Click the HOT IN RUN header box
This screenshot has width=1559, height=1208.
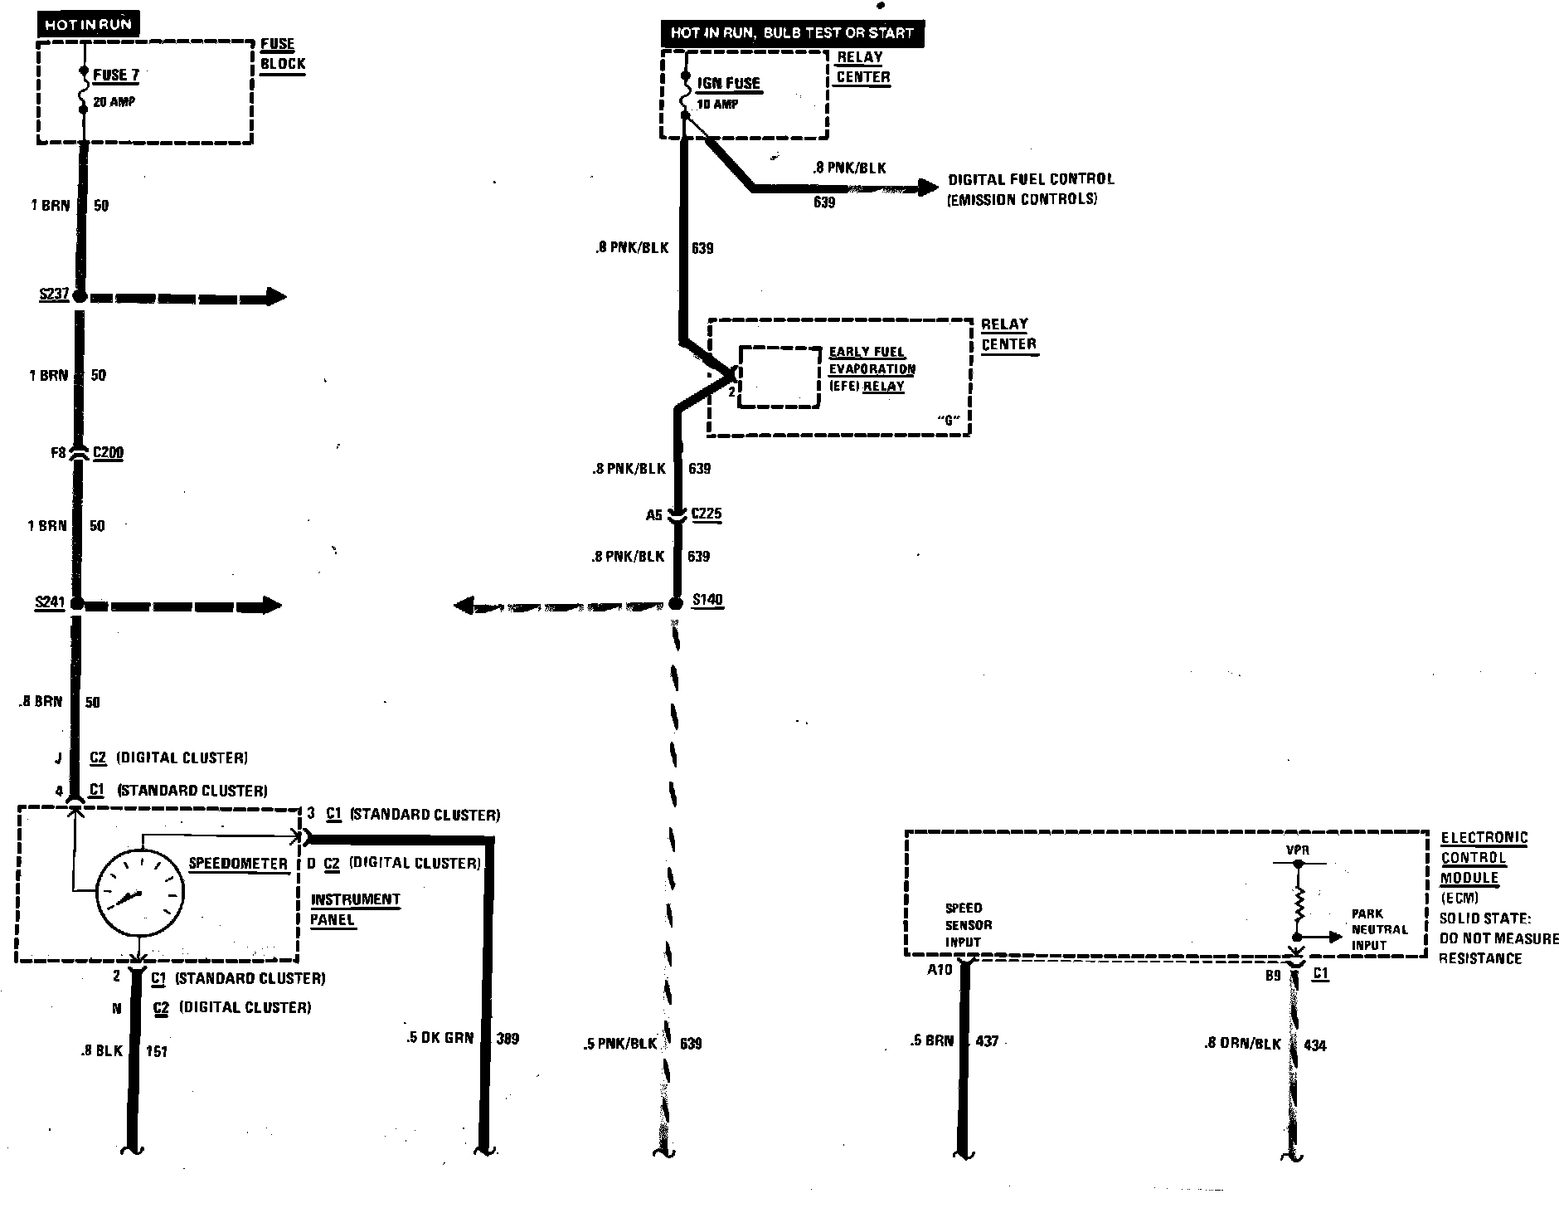point(88,24)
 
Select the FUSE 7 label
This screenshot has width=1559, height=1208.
point(115,75)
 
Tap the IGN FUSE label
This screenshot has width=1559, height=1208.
point(728,83)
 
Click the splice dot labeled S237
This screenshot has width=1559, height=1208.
point(80,296)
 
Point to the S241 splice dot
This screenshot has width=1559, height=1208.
point(77,604)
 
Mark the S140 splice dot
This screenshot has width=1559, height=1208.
point(676,603)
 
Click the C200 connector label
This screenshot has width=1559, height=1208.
point(108,453)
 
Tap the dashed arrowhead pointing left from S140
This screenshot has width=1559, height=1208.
point(464,606)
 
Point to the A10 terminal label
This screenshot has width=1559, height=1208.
point(939,969)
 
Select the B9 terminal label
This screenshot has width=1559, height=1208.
point(1273,976)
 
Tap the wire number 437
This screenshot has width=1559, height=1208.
point(987,1040)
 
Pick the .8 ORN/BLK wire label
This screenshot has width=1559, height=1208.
point(1242,1044)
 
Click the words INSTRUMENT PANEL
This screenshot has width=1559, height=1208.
point(355,909)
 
